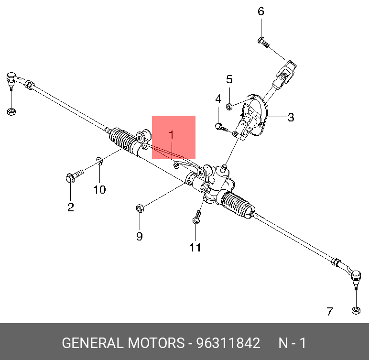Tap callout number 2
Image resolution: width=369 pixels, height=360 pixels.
click(70, 207)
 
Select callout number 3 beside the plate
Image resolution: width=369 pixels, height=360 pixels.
click(291, 117)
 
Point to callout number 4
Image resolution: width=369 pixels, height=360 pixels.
click(218, 99)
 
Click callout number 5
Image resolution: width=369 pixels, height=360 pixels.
click(229, 79)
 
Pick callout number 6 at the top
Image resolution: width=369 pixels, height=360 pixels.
click(261, 11)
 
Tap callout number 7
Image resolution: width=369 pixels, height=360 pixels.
click(330, 312)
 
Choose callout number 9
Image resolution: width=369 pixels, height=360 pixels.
click(139, 236)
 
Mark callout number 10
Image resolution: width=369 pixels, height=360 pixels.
click(99, 190)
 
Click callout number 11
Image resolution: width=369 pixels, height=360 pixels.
click(195, 247)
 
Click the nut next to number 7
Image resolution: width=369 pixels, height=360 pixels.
click(355, 311)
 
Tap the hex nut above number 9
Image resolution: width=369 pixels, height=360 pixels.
click(140, 208)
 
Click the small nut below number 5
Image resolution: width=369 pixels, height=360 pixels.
click(230, 106)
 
